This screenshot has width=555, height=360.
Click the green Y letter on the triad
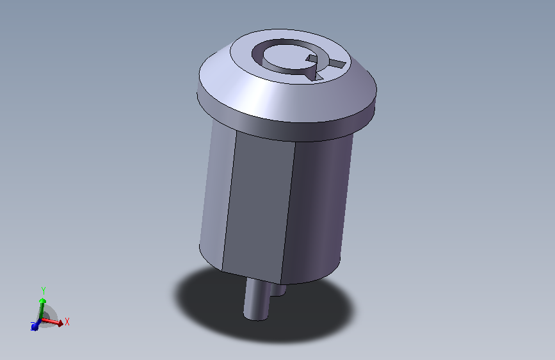tap(44, 291)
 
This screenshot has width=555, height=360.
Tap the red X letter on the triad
tap(67, 322)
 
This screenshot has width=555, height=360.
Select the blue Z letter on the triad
tap(33, 325)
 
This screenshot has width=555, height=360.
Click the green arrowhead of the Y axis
tap(42, 301)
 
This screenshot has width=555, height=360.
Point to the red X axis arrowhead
tap(60, 323)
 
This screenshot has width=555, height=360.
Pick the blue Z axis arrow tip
tap(35, 327)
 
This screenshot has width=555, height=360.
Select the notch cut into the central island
tap(312, 59)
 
